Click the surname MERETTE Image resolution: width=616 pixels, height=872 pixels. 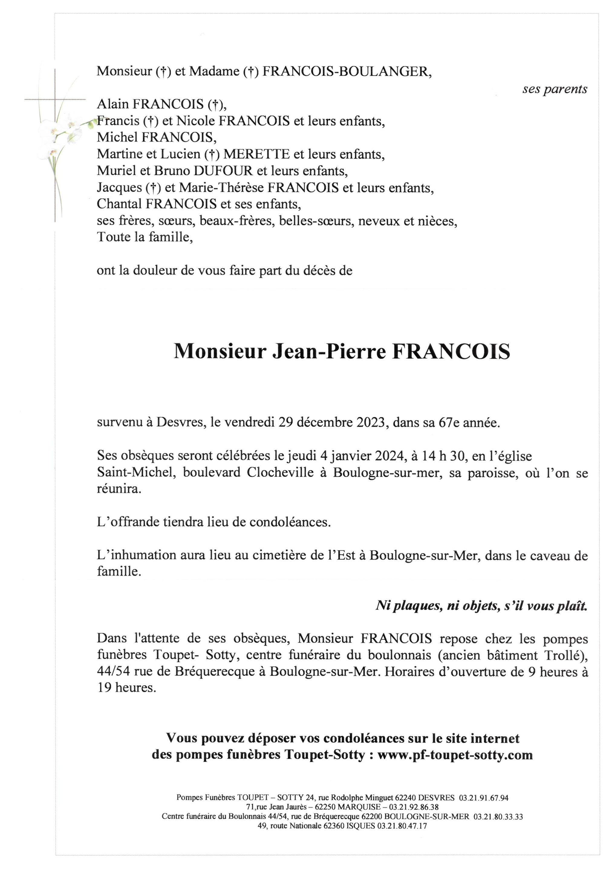point(256,154)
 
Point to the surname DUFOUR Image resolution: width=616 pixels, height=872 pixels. point(223,171)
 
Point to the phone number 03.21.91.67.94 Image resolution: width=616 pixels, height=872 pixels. point(483,798)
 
